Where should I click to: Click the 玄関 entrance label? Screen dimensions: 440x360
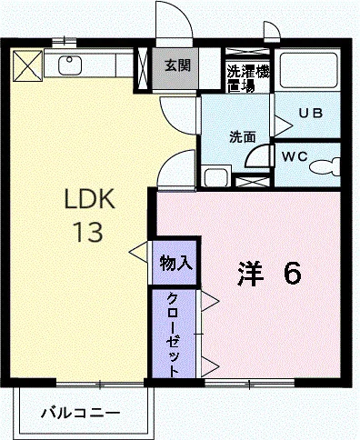click(x=176, y=65)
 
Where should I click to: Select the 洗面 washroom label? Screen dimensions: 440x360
click(x=241, y=137)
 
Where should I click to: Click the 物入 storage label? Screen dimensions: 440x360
click(x=175, y=264)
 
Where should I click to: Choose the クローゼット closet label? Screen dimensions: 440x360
click(x=173, y=333)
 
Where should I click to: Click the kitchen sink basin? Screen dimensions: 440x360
click(x=71, y=65)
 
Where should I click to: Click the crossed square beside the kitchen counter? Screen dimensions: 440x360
click(x=28, y=65)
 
